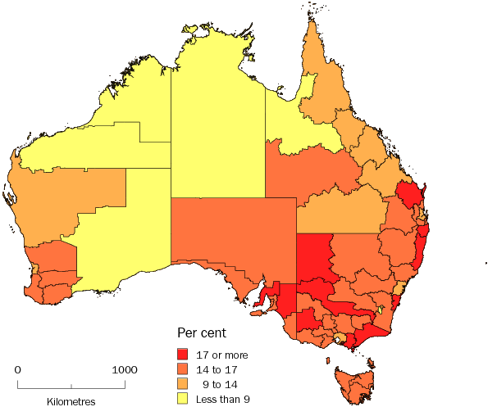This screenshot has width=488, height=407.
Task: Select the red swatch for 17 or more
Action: click(x=184, y=355)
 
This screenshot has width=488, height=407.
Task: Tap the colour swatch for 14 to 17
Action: click(x=184, y=370)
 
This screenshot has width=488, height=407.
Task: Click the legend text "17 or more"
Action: click(x=222, y=355)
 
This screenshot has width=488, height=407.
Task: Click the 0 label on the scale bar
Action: click(x=18, y=369)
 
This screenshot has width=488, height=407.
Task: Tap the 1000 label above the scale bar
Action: click(x=125, y=369)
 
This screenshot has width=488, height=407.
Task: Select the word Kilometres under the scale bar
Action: click(x=71, y=401)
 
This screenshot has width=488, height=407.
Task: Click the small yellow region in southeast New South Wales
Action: click(x=380, y=309)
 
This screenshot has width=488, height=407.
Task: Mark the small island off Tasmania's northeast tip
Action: click(x=372, y=361)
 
